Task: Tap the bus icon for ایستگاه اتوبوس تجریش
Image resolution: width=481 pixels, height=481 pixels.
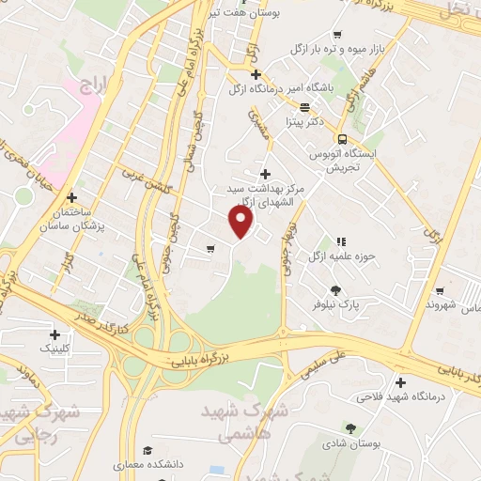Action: (x=342, y=134)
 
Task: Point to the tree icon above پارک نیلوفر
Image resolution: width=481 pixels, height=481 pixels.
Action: (x=335, y=288)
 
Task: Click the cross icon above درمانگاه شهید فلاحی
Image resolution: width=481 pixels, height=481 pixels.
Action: (x=401, y=382)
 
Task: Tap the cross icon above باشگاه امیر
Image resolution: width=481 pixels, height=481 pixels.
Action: (x=255, y=73)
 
